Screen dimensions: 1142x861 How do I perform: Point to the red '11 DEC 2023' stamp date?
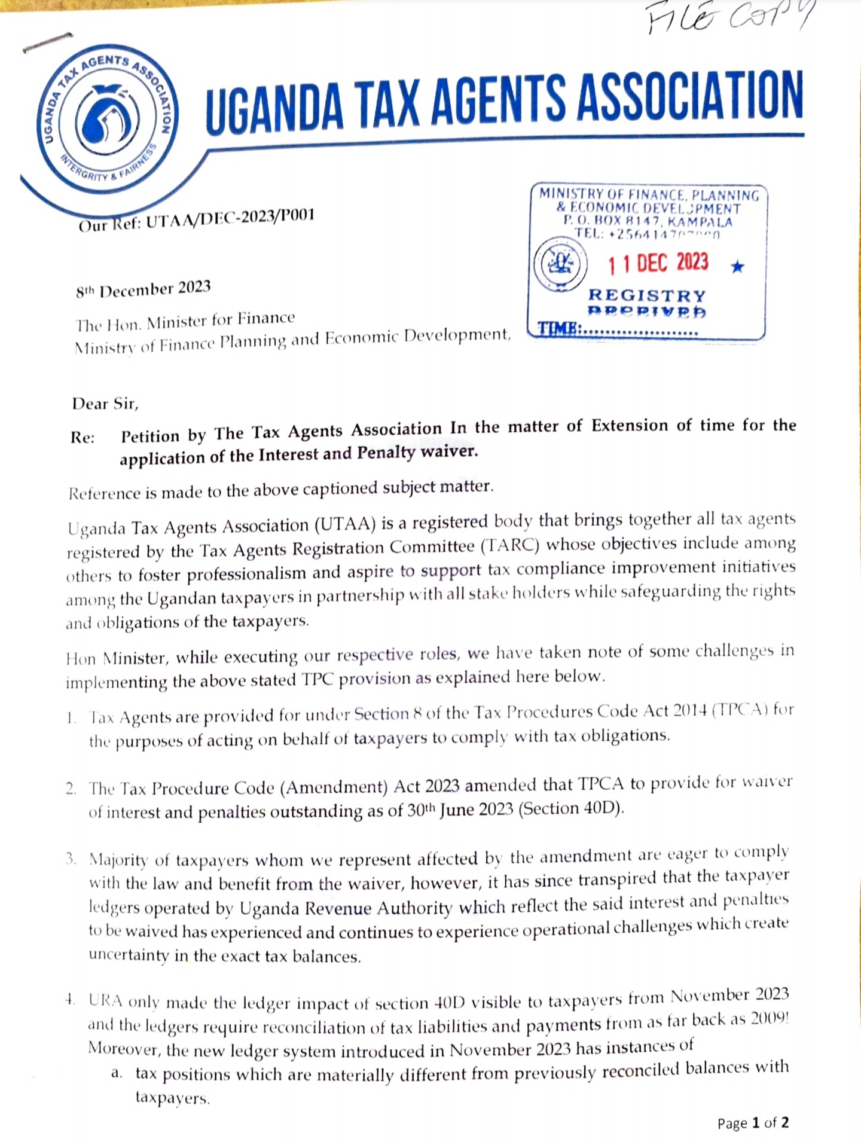(x=658, y=263)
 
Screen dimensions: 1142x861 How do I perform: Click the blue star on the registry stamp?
(x=738, y=266)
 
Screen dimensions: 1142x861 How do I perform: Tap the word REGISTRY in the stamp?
(x=647, y=295)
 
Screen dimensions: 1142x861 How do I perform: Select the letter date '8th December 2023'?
(x=143, y=289)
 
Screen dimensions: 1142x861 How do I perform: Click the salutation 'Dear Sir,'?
(x=105, y=404)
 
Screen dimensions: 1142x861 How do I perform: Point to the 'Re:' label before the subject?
(x=83, y=438)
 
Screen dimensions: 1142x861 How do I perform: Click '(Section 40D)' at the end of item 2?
(x=571, y=809)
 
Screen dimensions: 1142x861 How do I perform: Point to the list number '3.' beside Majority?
(x=71, y=859)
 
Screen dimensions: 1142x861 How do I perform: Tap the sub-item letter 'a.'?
(x=117, y=1073)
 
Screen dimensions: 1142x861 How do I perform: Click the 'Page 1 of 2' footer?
(x=753, y=1123)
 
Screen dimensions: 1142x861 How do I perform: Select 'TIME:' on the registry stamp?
(x=559, y=329)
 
